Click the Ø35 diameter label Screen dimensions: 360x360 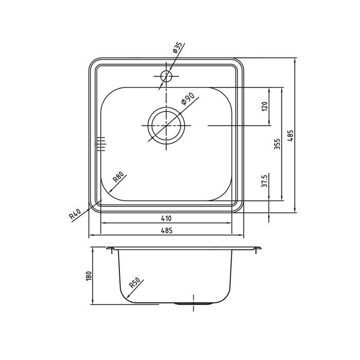[x=178, y=47]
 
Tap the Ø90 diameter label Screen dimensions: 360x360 [x=188, y=99]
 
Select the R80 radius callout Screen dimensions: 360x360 [x=119, y=177]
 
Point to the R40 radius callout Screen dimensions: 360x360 [x=75, y=213]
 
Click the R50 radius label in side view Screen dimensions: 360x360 [x=135, y=283]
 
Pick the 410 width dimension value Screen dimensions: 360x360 [x=166, y=219]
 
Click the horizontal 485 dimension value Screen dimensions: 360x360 [x=166, y=230]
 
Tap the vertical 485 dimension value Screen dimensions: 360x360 [x=291, y=136]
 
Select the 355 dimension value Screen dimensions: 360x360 [x=278, y=144]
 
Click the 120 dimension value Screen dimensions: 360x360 [x=264, y=106]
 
